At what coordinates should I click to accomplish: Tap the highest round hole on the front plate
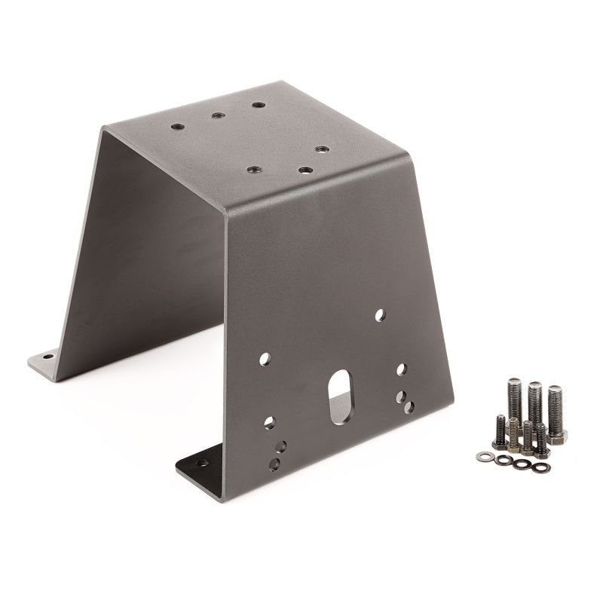point(380,314)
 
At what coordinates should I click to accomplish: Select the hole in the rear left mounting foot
point(47,356)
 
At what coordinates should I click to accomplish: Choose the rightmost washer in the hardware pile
point(540,467)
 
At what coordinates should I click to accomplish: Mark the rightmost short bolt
point(540,439)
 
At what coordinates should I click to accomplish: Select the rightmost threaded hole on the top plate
point(321,149)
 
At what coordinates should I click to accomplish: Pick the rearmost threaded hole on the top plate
point(259,105)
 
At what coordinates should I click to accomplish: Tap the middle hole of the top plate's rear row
point(217,115)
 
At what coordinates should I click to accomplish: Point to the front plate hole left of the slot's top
point(265,360)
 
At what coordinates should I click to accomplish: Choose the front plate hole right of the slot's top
point(402,369)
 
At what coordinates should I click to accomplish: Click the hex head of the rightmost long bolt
point(557,436)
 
